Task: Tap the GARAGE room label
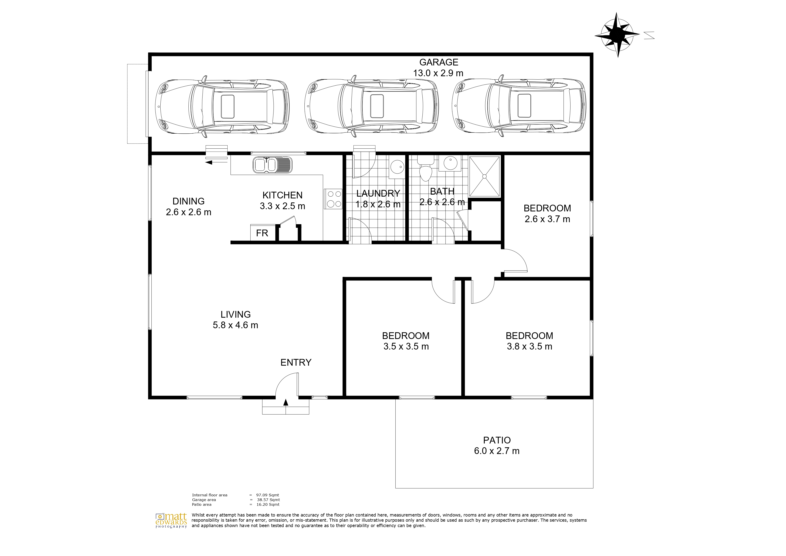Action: click(439, 62)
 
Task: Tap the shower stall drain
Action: click(485, 176)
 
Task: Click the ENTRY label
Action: click(296, 363)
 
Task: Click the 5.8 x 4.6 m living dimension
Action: click(235, 325)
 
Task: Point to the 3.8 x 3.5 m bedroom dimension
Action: click(529, 346)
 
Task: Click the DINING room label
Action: click(188, 201)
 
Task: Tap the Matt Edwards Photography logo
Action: click(171, 520)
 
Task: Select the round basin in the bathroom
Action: click(452, 163)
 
